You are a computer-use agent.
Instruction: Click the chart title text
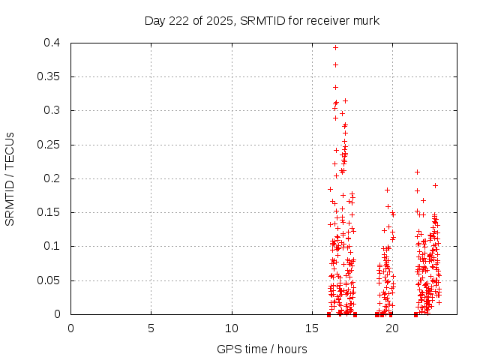(262, 20)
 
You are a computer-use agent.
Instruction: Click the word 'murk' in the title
(367, 20)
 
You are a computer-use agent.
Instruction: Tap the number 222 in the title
(180, 20)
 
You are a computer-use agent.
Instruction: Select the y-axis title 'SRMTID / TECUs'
(10, 178)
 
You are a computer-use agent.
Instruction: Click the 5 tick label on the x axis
(151, 328)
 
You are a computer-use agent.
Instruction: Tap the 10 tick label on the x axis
(232, 328)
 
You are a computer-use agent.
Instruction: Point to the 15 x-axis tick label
(312, 328)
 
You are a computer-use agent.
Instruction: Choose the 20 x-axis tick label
(392, 328)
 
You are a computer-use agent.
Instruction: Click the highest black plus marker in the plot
(335, 118)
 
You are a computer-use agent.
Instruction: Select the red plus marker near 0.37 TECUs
(335, 64)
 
